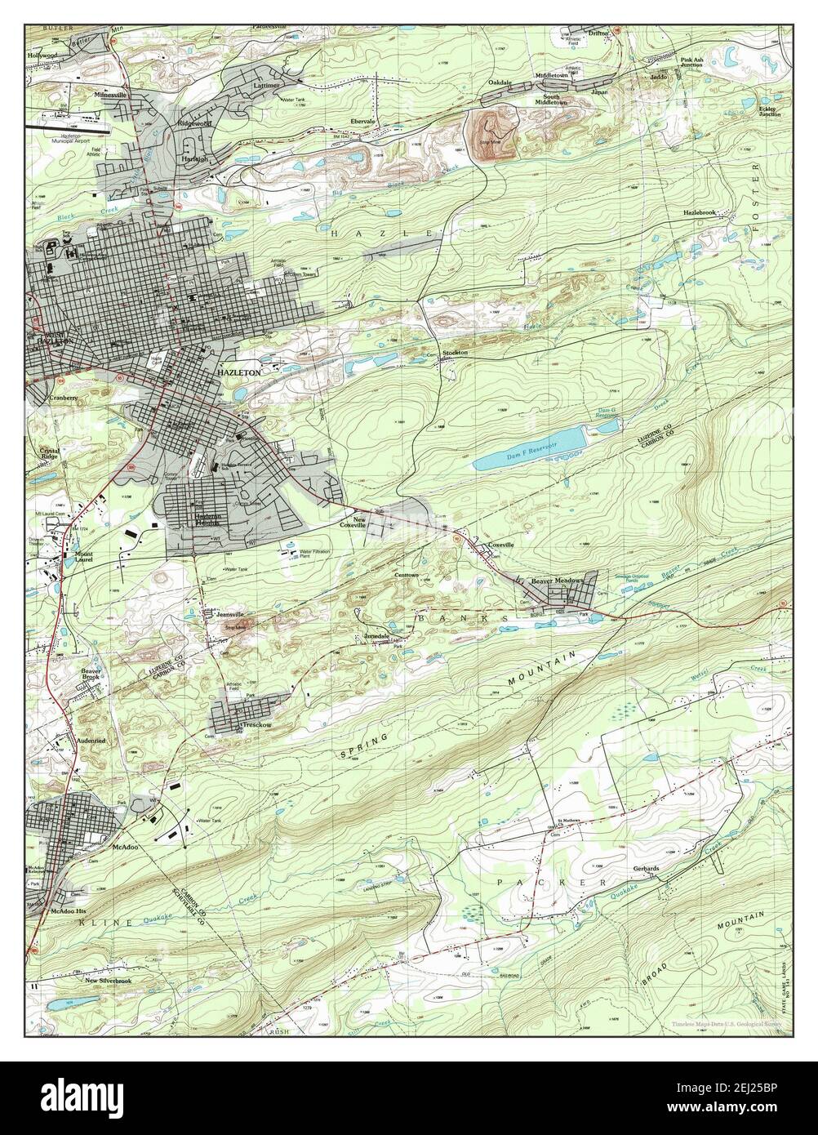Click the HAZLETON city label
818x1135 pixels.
239,372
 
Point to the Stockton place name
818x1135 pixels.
455,352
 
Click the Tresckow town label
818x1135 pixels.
255,725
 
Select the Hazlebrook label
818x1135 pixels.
700,212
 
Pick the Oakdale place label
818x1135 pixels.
500,82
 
